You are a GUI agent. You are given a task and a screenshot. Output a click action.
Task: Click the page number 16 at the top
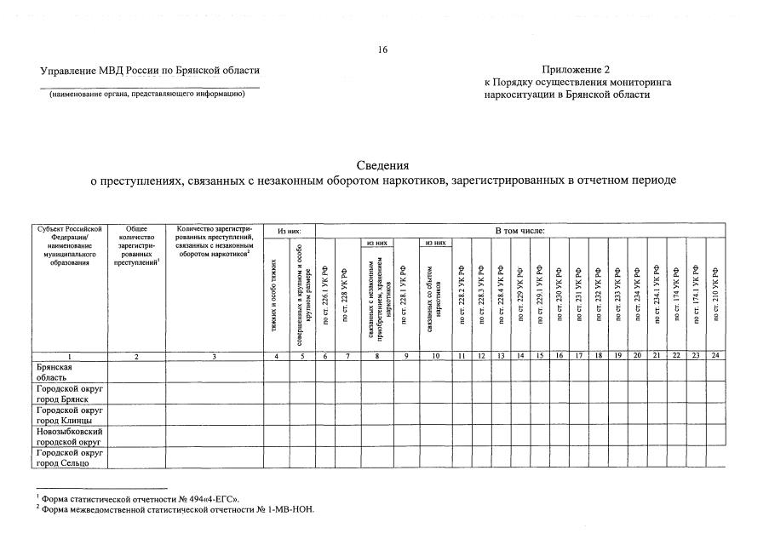click(x=383, y=50)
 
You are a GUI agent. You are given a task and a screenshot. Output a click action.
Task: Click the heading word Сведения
click(x=382, y=165)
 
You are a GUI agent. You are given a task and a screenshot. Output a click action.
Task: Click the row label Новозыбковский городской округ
click(x=70, y=436)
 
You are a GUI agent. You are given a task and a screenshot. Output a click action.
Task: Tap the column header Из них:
click(x=290, y=230)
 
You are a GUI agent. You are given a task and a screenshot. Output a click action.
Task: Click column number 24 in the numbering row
click(x=715, y=356)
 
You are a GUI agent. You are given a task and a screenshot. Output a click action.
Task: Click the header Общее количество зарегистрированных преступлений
click(x=136, y=245)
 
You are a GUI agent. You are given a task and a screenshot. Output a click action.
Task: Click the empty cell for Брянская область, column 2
click(x=136, y=371)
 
